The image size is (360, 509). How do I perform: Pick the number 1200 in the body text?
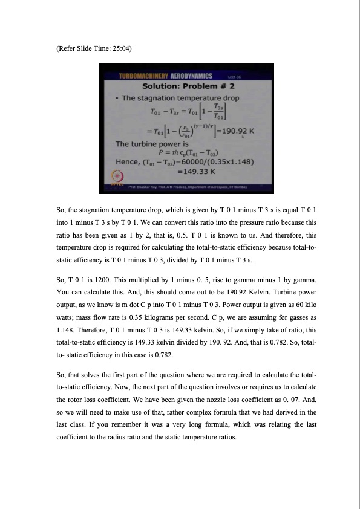(88, 280)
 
